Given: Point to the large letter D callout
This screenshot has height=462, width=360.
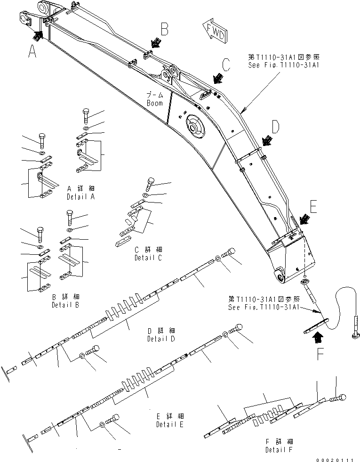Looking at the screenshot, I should coord(276,127).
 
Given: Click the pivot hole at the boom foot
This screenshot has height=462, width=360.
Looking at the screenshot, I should coord(279,277).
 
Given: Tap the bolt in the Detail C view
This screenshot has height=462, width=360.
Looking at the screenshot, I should coord(152,181).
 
